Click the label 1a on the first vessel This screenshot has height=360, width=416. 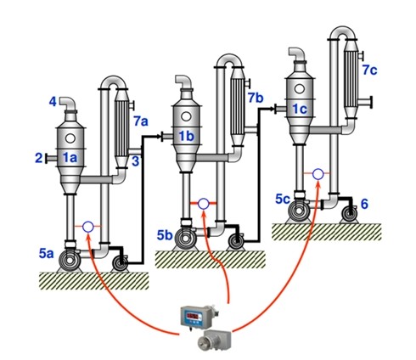coord(70,158)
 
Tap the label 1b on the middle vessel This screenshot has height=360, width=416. coord(187,137)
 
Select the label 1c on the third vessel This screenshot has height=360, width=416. coord(300,109)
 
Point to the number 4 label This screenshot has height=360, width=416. coord(53,102)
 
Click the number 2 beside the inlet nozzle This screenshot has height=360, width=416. coord(39,158)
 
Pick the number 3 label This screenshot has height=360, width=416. coord(136,161)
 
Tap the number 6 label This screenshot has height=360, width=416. coord(364,204)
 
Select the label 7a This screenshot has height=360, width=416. coord(141,121)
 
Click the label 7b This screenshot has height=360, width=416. coord(256,98)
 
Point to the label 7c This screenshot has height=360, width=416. coord(370,70)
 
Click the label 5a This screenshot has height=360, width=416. coord(47,254)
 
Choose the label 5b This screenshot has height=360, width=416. coord(165,235)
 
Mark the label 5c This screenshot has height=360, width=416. coord(283,200)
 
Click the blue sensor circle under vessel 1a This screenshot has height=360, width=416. coord(88,227)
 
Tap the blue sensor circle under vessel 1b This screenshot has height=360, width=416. coord(203,204)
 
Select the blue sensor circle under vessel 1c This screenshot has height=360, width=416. coord(318,174)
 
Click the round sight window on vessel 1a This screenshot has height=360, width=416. coord(70,138)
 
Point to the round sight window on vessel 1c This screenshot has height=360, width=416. coord(299,89)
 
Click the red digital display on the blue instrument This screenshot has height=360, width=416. coord(194,316)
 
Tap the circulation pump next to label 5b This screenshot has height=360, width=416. coord(185,239)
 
